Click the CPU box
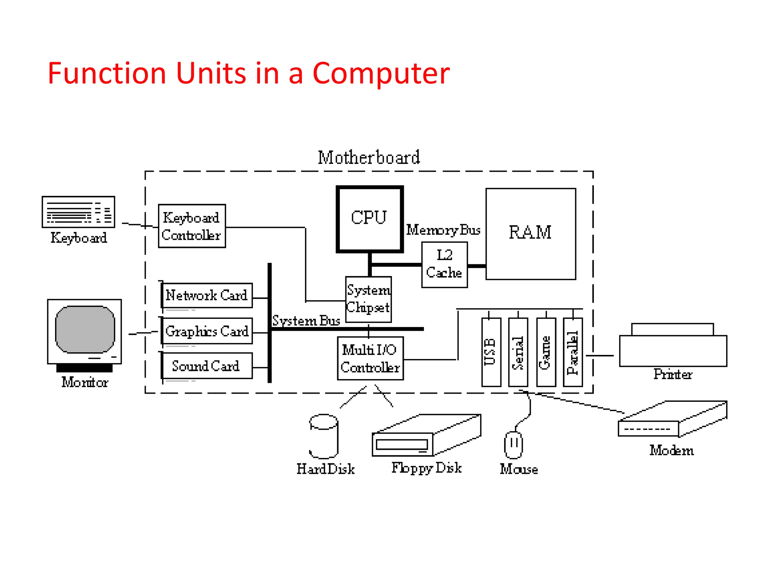[369, 219]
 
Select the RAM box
[530, 233]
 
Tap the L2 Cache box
[444, 264]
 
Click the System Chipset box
[368, 299]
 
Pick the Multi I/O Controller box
[370, 358]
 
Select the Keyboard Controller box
[191, 226]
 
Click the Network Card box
[207, 295]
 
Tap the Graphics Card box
[207, 331]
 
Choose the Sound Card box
[207, 366]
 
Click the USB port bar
[491, 352]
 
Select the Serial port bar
[518, 352]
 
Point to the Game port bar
[546, 352]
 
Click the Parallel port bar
[573, 352]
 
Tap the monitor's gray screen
[85, 329]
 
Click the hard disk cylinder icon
[323, 436]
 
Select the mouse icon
[513, 445]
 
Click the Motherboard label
[368, 158]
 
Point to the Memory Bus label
[443, 230]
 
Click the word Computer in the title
[381, 73]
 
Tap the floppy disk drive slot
[402, 444]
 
